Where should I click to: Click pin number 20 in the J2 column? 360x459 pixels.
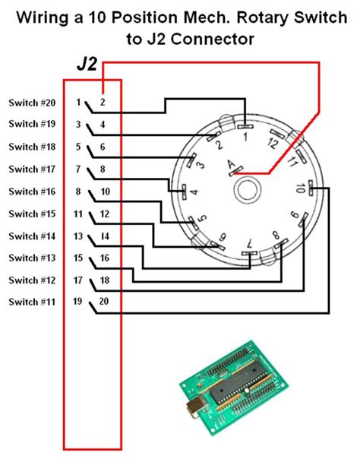104,302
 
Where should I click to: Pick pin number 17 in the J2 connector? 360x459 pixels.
78,280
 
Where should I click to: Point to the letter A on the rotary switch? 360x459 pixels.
231,163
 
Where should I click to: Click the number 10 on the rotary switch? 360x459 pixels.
303,187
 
